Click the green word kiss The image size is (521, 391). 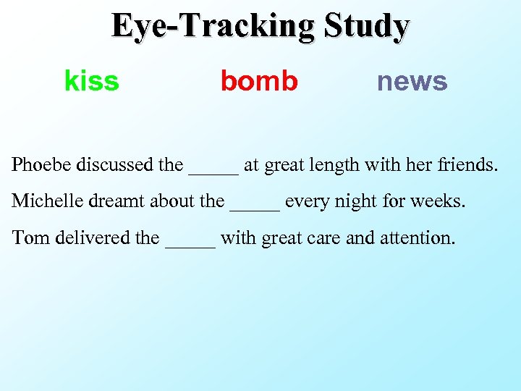coord(92,81)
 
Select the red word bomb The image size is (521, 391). coord(259,81)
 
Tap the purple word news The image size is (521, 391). coord(412,81)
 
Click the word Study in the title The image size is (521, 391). coord(367,26)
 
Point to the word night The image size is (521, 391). coord(357,202)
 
